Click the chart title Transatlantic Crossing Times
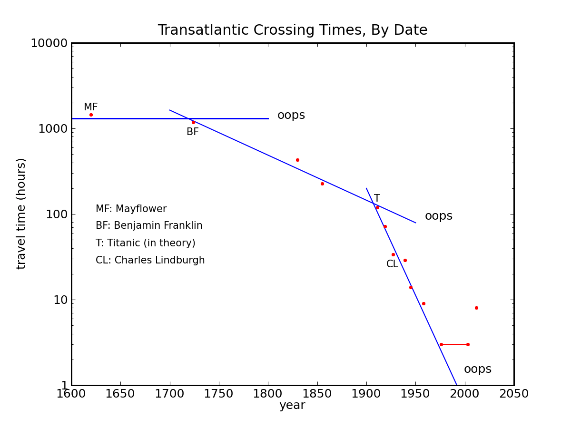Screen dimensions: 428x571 tap(292, 30)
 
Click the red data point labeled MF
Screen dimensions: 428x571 tap(91, 115)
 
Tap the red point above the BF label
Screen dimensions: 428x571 tap(193, 122)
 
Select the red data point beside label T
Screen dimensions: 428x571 tap(377, 207)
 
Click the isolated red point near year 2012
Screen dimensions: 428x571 tap(476, 308)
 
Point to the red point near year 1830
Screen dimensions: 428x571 tap(297, 160)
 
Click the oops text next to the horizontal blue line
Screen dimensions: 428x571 tap(291, 116)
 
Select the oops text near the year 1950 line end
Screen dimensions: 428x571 tap(438, 216)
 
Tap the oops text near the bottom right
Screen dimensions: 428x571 tap(477, 370)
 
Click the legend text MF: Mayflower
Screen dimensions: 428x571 tap(131, 209)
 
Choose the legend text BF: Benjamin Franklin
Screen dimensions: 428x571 tap(149, 226)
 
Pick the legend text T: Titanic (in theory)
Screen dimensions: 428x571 tap(145, 243)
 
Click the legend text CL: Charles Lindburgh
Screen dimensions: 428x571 tap(150, 261)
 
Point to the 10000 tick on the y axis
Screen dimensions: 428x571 tap(49, 43)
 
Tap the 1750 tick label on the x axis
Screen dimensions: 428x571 tap(218, 394)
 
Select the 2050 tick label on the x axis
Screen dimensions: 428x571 tap(513, 394)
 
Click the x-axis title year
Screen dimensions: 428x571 tap(292, 406)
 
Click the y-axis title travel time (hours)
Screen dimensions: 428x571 tap(21, 214)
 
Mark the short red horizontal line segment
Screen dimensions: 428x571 tap(454, 344)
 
